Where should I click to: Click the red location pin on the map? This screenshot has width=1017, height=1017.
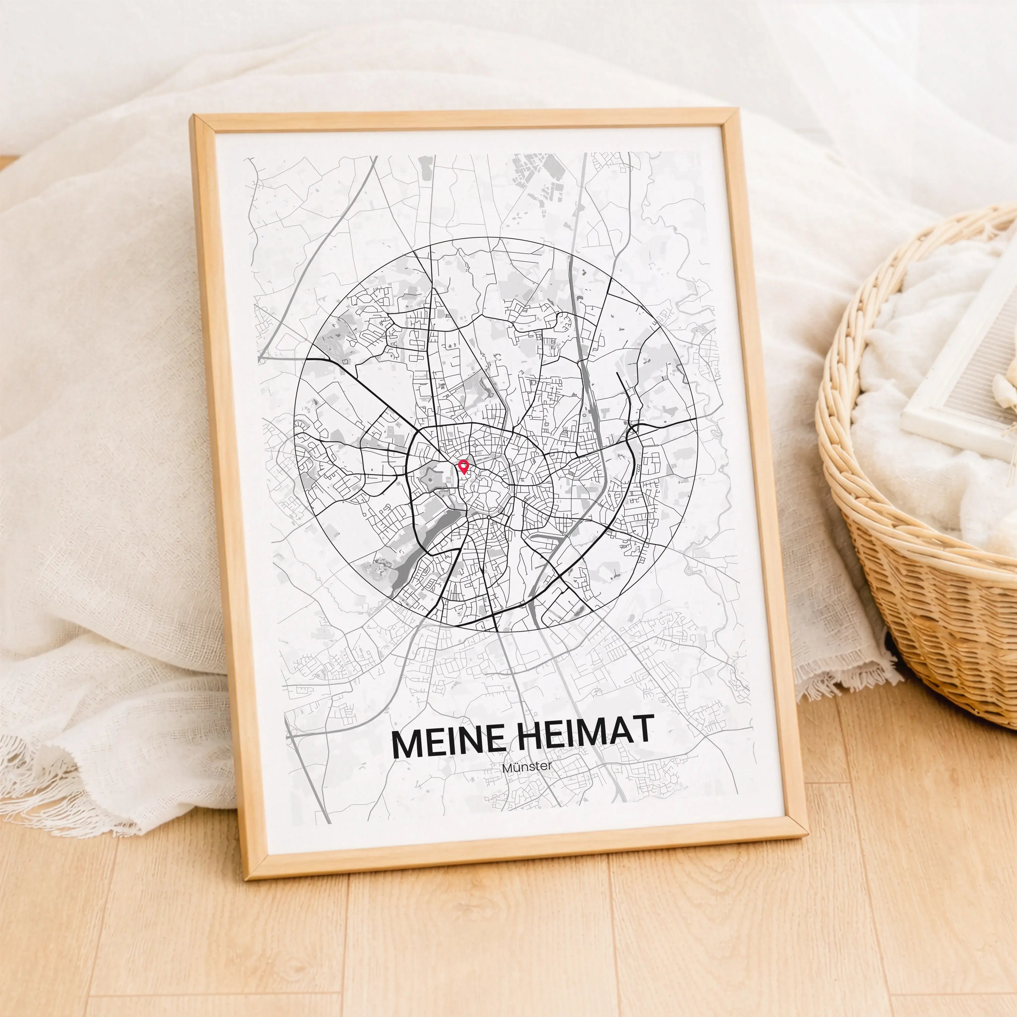pos(463,466)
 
